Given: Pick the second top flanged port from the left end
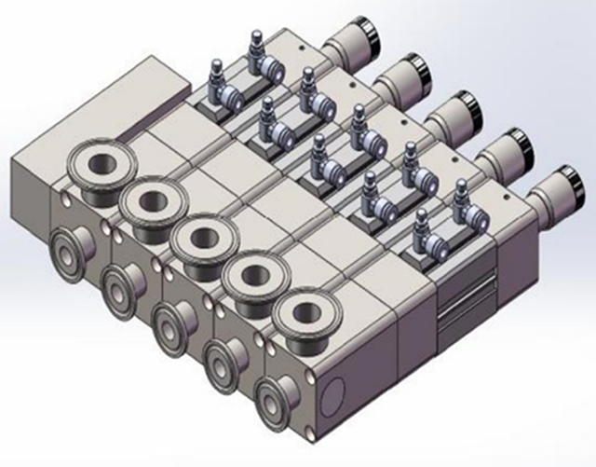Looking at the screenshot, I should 151,199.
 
